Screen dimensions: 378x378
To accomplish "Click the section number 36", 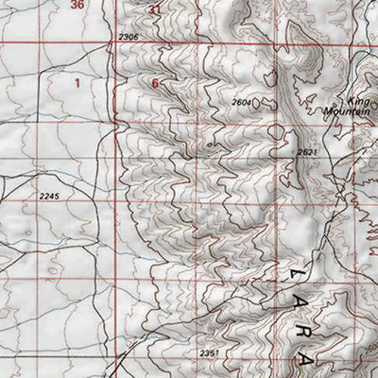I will click(77, 5).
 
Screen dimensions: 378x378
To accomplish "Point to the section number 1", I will click(77, 83).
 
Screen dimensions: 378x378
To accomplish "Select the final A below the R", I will click(307, 362).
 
